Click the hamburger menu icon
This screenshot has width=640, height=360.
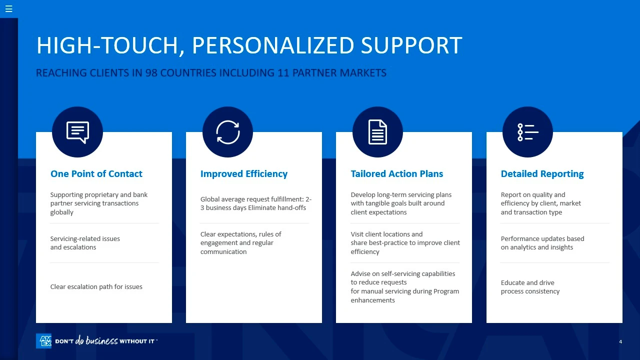tap(9, 9)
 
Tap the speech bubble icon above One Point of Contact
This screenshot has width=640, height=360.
tap(77, 132)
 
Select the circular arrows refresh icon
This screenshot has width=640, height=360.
tap(227, 132)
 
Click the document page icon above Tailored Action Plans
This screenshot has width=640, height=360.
tap(377, 132)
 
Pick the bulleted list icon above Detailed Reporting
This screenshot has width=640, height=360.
tap(527, 132)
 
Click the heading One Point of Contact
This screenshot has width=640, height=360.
tap(96, 173)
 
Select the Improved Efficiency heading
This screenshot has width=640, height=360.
tap(243, 173)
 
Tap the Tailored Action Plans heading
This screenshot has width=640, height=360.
tap(397, 173)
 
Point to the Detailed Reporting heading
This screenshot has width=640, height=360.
tap(542, 173)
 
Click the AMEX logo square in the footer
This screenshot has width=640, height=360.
tap(43, 341)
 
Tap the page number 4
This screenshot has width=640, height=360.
tap(620, 341)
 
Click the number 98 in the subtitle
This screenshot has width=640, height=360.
tap(151, 73)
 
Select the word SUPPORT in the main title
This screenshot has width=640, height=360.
tap(411, 45)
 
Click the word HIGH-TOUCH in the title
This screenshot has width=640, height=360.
tap(110, 45)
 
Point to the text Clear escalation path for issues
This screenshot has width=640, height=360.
tap(96, 286)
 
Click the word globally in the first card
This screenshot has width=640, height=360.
tap(61, 212)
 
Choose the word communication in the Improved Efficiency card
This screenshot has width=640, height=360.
tap(223, 251)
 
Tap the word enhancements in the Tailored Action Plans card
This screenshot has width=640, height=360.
tap(372, 300)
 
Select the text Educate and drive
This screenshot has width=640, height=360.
tap(527, 282)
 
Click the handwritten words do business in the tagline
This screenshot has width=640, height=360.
tap(96, 340)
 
